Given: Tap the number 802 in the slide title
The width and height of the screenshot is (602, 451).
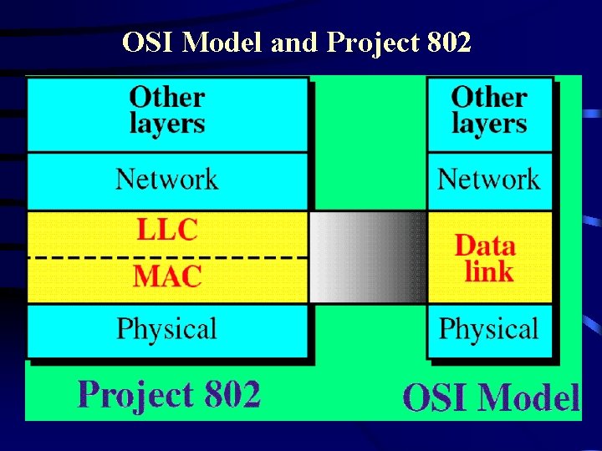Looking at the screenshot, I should (447, 42).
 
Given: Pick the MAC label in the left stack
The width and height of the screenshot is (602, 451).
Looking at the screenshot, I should (167, 276).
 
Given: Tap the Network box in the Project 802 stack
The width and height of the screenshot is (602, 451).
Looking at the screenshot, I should (167, 180).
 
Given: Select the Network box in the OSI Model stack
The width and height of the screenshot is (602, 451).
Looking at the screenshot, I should (489, 180).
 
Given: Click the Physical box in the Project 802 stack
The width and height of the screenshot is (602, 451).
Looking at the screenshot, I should (167, 329).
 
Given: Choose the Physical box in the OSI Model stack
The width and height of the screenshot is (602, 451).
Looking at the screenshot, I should (489, 329).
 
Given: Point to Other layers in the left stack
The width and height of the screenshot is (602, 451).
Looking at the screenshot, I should (167, 110).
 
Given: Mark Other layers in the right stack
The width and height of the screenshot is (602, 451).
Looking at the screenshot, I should (489, 110).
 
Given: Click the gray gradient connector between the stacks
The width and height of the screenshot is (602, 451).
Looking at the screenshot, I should (368, 257).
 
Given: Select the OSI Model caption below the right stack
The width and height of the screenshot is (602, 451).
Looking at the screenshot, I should (490, 398).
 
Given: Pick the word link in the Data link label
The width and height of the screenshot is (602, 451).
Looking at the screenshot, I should (489, 271).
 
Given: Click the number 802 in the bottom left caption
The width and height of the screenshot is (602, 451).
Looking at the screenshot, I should (226, 394).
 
